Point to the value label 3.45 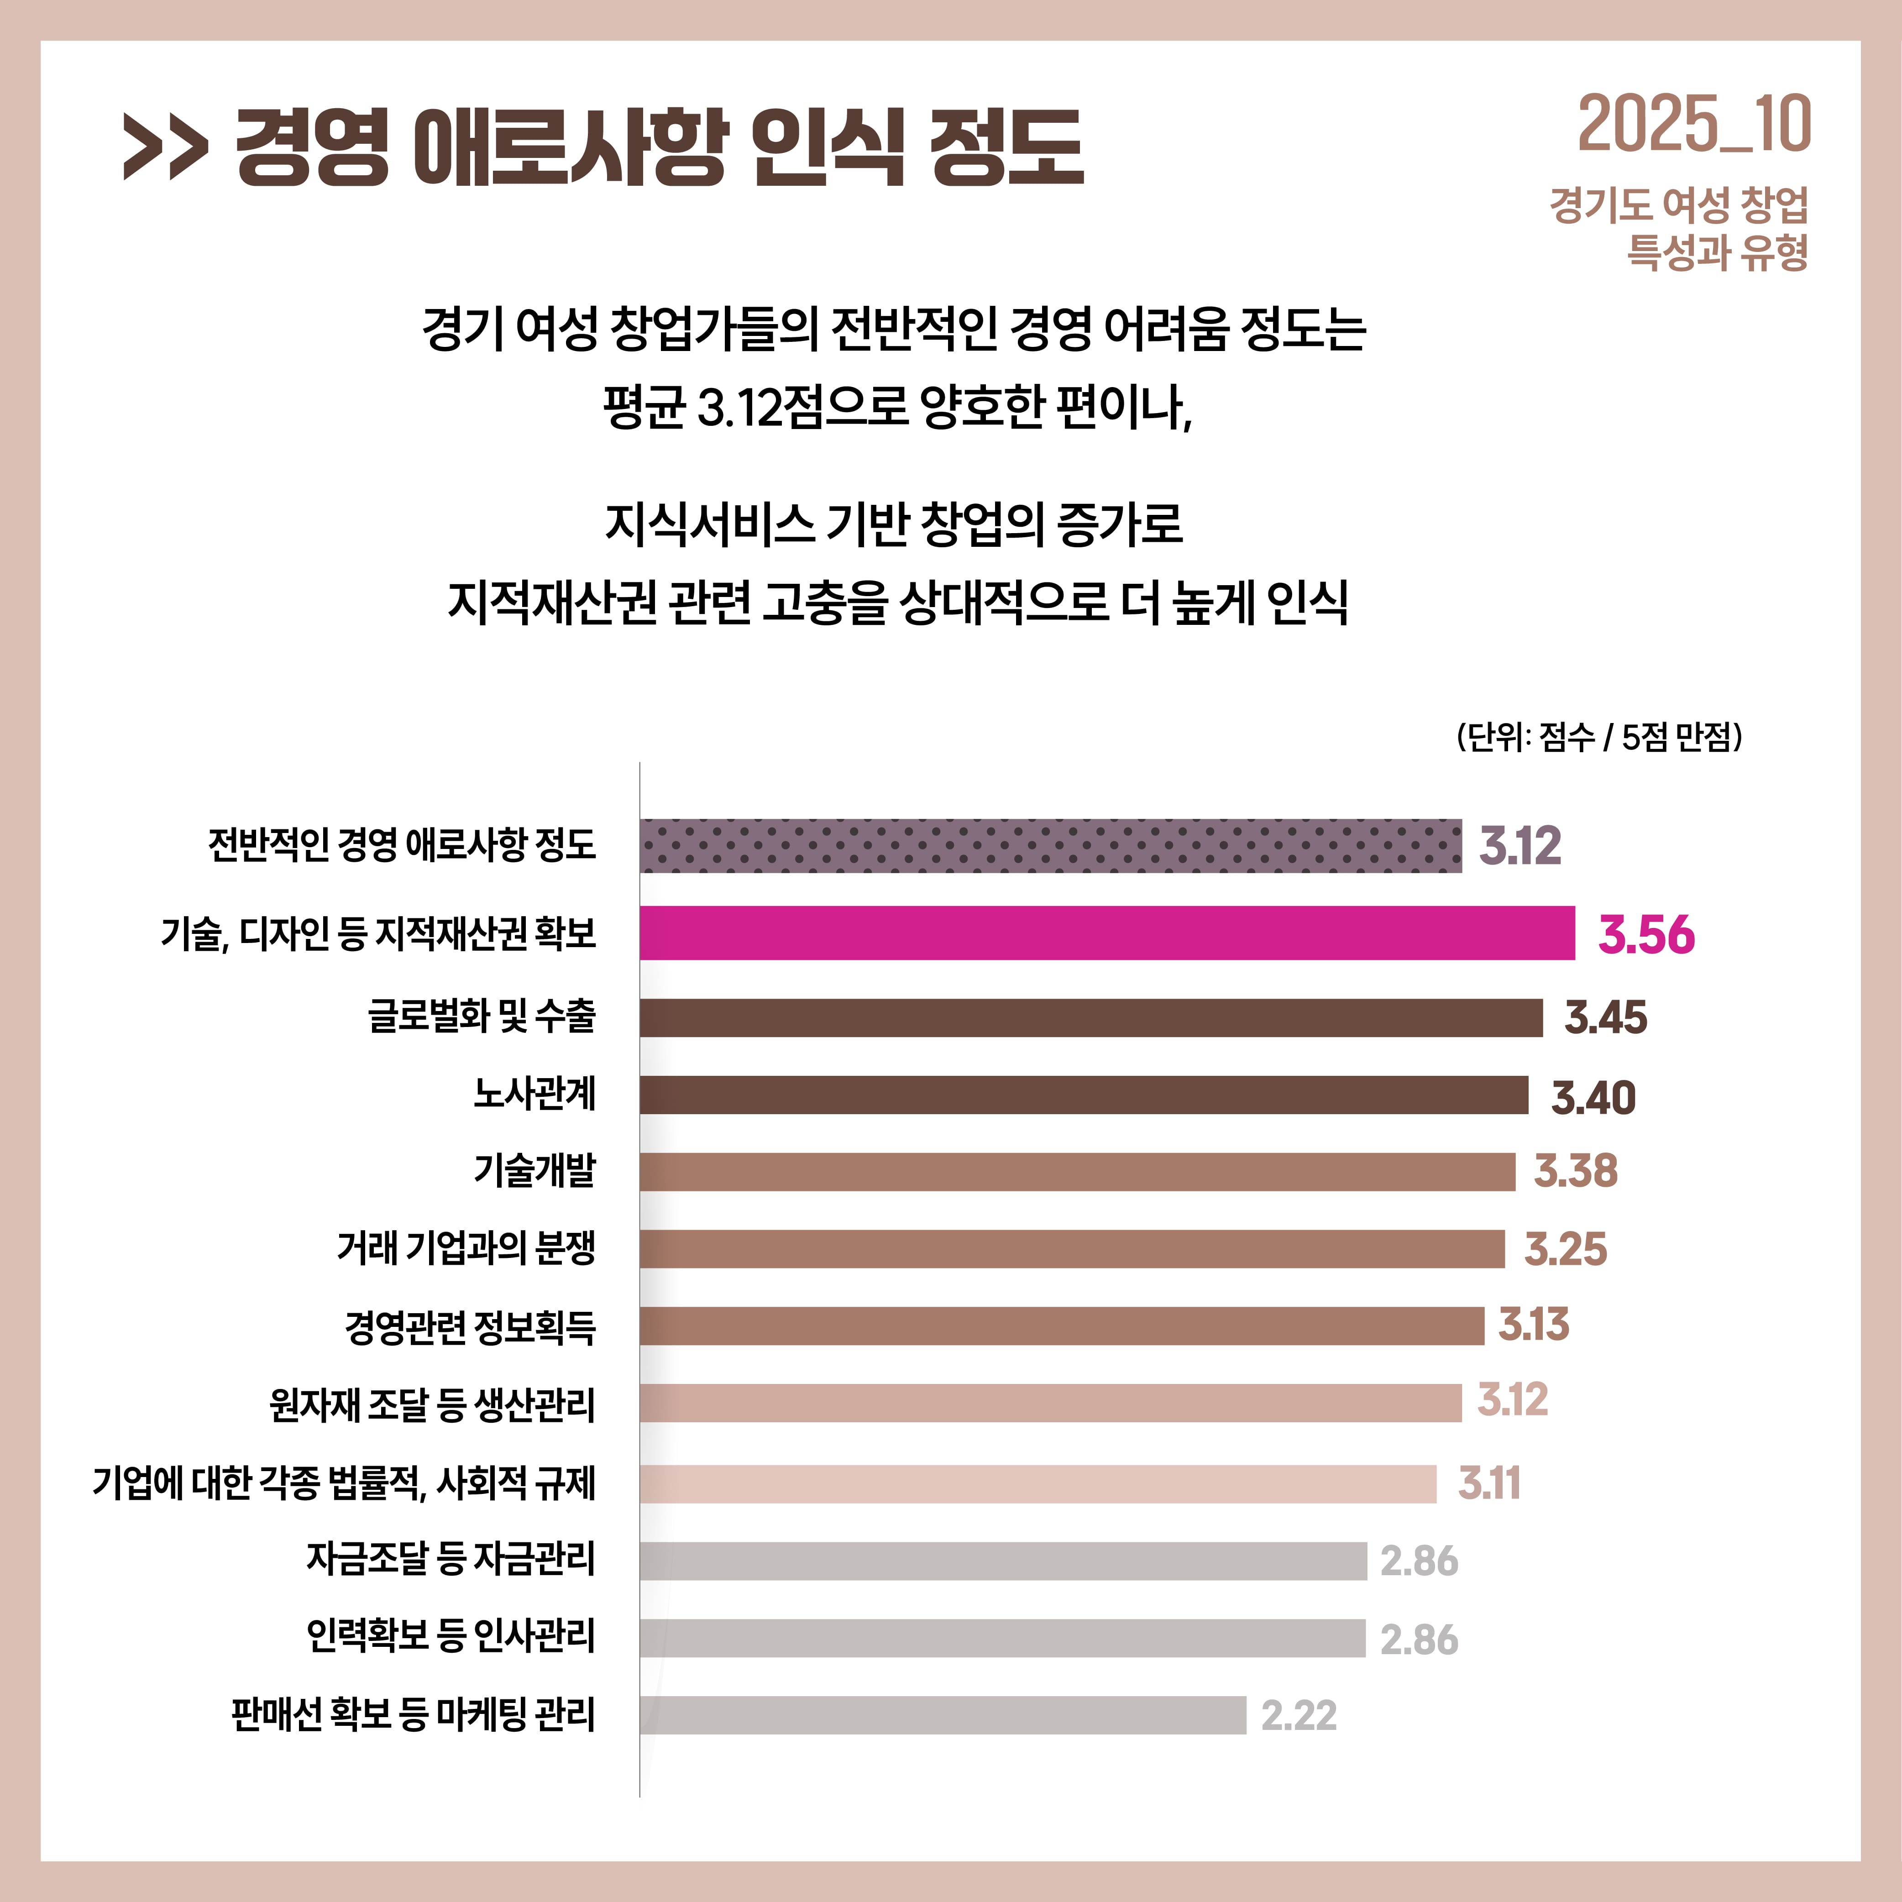pos(1605,1017)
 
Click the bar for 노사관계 pos(1083,1095)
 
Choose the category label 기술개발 pos(534,1170)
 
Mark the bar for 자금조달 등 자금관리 pos(1002,1561)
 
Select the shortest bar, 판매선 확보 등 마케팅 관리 pos(942,1715)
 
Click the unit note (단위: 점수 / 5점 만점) pos(1599,736)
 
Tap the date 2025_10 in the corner pos(1693,125)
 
